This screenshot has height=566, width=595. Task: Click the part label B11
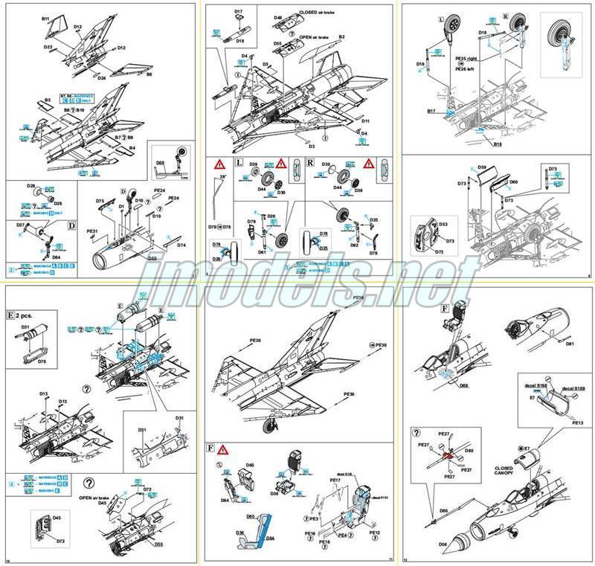point(45,17)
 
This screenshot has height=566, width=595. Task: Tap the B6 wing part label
point(149,74)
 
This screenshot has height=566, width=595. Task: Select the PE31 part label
point(93,231)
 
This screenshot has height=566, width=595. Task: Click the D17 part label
point(239,12)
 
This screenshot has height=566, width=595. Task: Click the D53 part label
point(444,223)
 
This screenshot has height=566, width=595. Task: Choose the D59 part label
point(482,167)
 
